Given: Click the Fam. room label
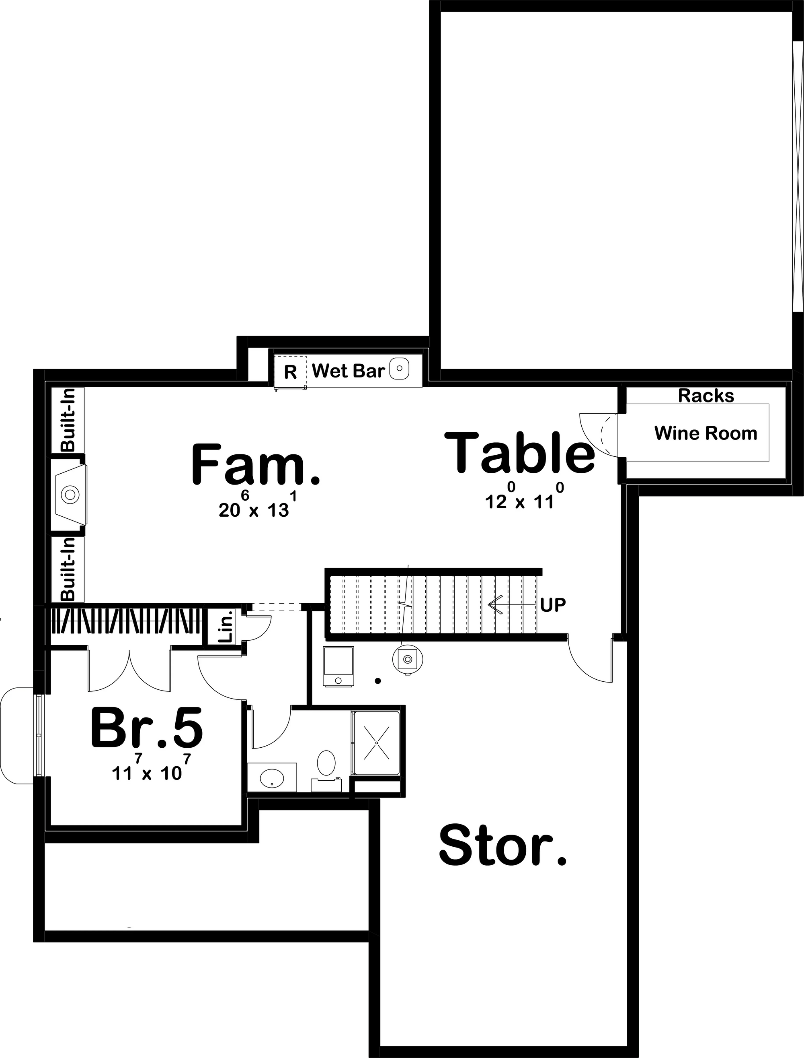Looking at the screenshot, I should [255, 464].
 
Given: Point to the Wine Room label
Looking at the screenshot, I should [706, 433].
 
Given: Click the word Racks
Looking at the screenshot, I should [706, 396].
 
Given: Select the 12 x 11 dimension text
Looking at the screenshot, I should [519, 501].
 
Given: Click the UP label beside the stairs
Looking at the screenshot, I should [553, 605].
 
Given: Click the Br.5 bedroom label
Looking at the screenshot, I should [147, 728].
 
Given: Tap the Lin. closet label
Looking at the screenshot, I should [225, 627].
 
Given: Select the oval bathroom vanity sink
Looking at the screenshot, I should [271, 778].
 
